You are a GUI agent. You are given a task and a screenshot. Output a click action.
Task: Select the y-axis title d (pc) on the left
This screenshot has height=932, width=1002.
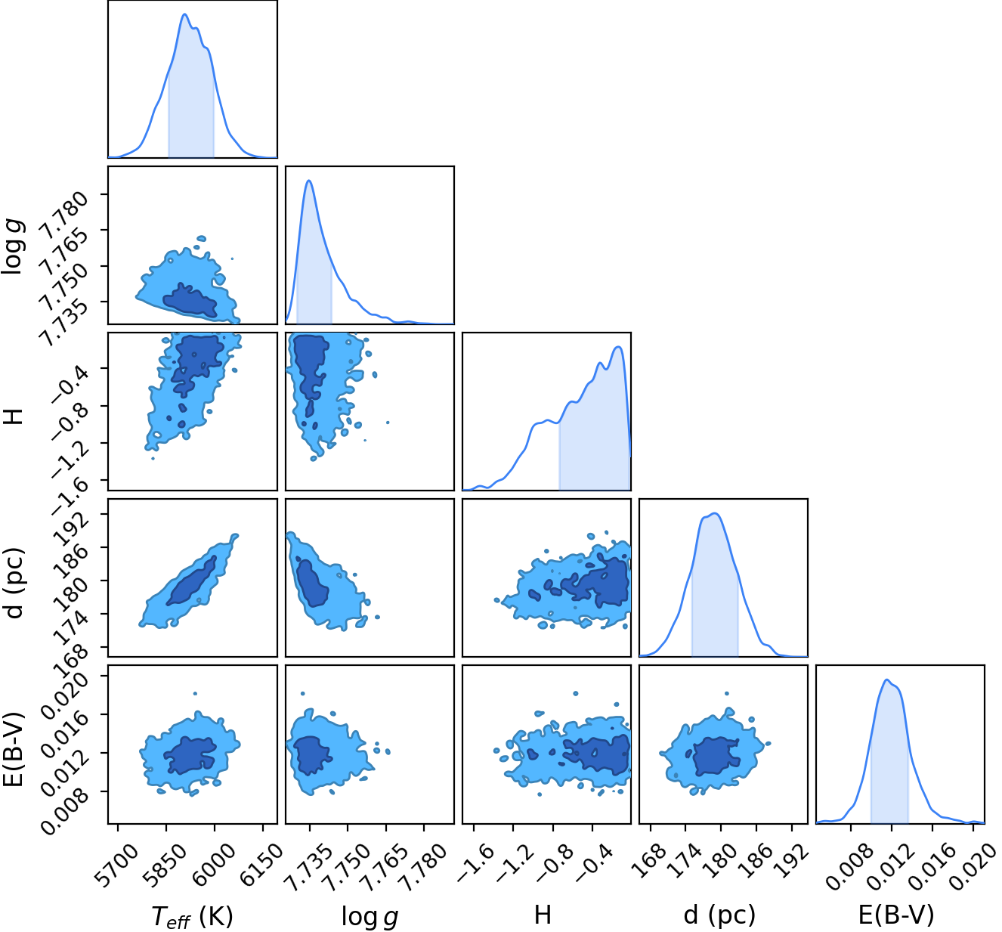tap(14, 583)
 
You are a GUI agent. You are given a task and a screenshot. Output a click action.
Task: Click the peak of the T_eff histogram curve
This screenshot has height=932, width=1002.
tap(184, 14)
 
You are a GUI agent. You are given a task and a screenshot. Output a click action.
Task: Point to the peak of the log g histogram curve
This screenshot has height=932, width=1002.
tap(309, 180)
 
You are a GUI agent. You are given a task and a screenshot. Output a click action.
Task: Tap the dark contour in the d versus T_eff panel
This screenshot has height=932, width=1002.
tap(192, 581)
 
